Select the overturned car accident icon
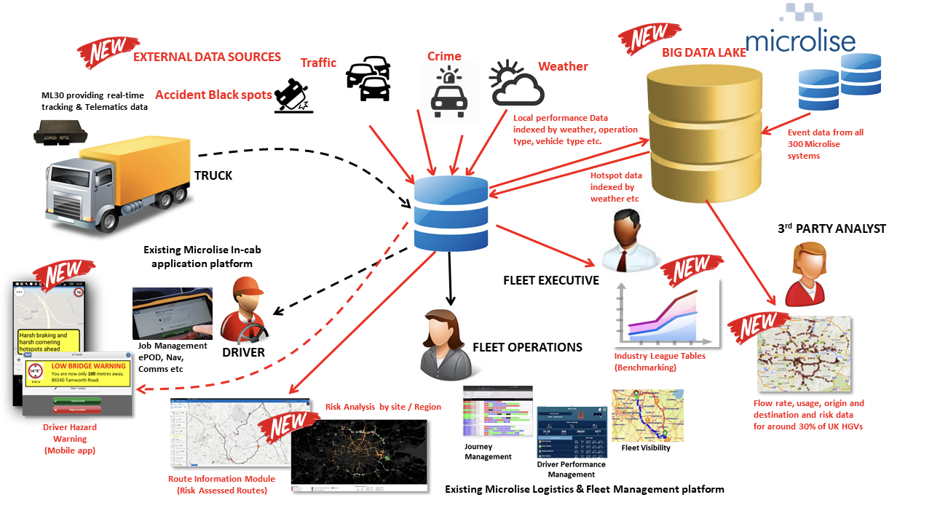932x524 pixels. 293,96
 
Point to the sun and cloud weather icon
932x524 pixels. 516,84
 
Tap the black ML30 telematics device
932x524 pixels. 61,133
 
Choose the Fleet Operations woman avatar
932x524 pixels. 445,338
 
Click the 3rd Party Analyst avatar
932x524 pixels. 806,274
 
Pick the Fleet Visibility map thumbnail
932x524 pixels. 647,416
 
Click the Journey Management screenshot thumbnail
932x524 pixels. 497,412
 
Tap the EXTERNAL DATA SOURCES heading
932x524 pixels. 207,57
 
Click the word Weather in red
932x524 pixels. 563,66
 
